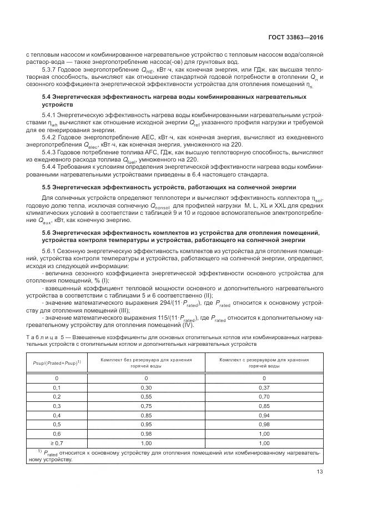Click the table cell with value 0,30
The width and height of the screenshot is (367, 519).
coord(146,387)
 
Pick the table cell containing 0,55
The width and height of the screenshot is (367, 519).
coord(146,396)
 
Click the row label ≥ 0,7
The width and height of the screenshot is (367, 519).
coord(56,444)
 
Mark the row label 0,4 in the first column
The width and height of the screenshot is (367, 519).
coord(56,415)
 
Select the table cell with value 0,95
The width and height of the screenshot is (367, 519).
coord(146,425)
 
